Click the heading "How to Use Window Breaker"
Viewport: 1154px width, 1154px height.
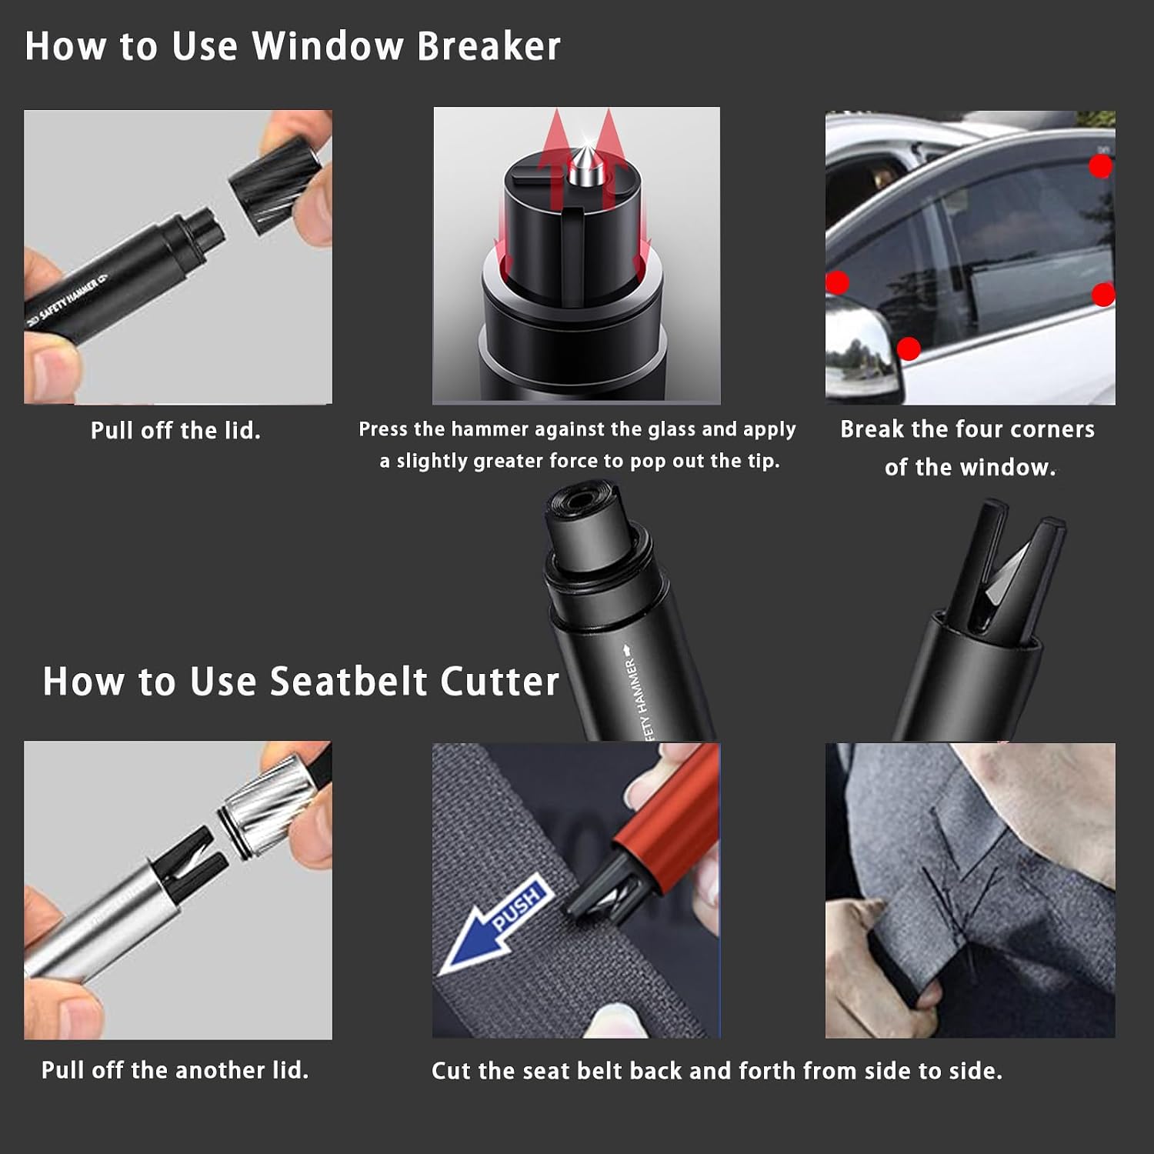click(x=292, y=46)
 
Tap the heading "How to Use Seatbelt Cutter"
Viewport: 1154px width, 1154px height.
click(x=301, y=682)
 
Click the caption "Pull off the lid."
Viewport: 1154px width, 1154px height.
click(x=175, y=430)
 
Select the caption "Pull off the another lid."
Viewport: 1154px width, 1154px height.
click(x=175, y=1070)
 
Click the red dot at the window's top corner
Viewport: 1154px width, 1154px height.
click(x=1101, y=166)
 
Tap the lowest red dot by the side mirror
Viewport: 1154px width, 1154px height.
click(x=909, y=349)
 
